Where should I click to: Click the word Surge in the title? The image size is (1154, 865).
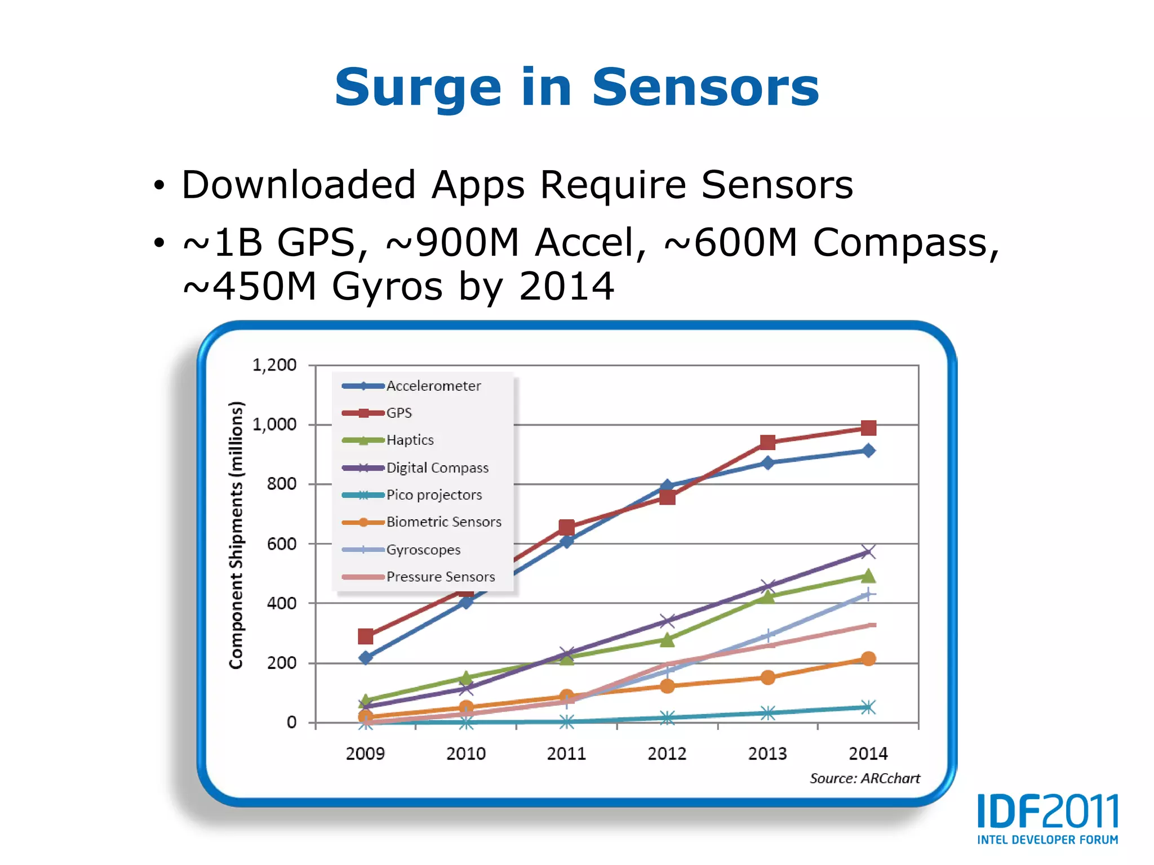(x=418, y=89)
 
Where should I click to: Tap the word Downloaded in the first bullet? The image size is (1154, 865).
(x=299, y=185)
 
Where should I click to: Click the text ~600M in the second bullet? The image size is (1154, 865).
(x=731, y=243)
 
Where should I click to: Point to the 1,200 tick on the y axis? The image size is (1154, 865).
(x=274, y=365)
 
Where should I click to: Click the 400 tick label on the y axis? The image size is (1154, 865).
(x=282, y=603)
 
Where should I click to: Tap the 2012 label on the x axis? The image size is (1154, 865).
(x=667, y=753)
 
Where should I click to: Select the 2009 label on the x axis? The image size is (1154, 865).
(x=365, y=753)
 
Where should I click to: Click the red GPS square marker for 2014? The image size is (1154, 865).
(x=868, y=428)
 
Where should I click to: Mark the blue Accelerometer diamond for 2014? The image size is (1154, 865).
(x=868, y=451)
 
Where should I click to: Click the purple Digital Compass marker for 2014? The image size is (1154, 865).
(x=868, y=551)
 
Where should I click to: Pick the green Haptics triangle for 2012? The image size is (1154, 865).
(x=667, y=640)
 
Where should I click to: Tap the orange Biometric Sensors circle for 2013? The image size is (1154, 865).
(x=767, y=677)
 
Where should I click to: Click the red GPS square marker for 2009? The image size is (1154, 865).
(x=365, y=636)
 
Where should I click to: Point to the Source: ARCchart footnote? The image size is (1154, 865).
(x=864, y=778)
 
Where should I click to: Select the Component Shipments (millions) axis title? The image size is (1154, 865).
(x=236, y=535)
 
